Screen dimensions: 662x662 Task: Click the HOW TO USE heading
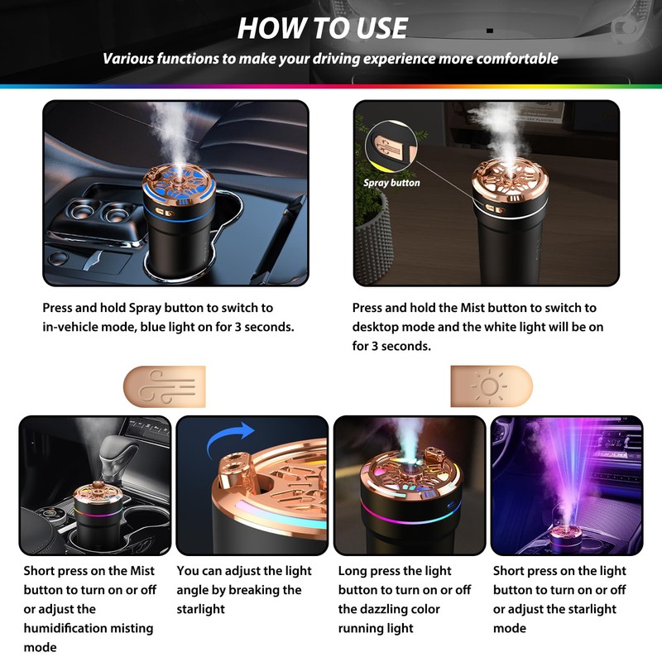tap(323, 28)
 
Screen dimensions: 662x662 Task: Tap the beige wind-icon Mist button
tap(163, 386)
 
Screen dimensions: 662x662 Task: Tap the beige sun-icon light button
tap(492, 386)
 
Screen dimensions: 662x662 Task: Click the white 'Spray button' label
tap(391, 183)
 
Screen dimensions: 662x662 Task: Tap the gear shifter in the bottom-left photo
tap(116, 459)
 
